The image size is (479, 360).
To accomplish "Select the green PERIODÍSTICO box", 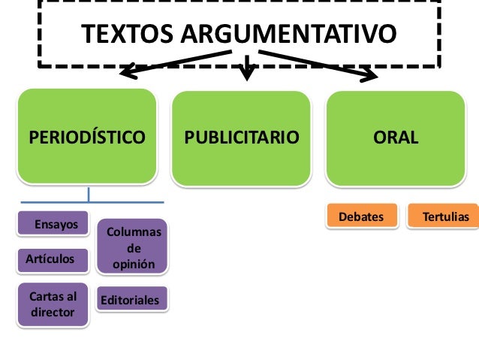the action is [87, 138].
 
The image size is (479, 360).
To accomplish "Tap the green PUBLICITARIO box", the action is [242, 138].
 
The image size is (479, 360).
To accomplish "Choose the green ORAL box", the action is [396, 138].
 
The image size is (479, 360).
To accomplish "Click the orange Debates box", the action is [361, 216].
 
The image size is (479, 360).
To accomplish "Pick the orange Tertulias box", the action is [443, 216].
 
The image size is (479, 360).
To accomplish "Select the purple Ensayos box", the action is [51, 224].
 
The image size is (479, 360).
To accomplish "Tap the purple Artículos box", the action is [52, 259].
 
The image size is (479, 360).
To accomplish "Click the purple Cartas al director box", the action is [52, 304].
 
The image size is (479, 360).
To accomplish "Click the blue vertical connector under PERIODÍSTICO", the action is [89, 194].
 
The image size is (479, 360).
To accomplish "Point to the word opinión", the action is [134, 264].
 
